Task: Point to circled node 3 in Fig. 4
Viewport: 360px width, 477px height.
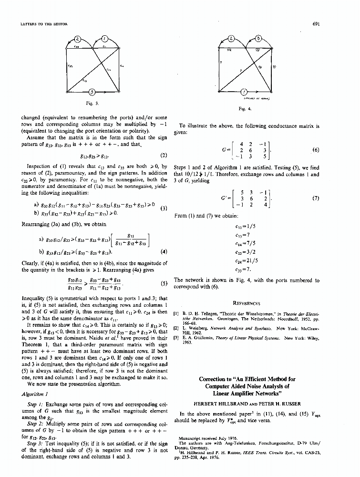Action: tap(257, 38)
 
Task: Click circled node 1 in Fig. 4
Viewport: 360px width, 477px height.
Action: tap(244, 91)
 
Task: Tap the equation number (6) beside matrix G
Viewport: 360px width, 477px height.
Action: tap(316, 150)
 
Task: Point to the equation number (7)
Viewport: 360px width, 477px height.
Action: tap(316, 198)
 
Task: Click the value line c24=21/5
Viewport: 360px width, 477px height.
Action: tap(246, 260)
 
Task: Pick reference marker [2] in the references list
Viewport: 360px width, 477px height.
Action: tap(176, 328)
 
